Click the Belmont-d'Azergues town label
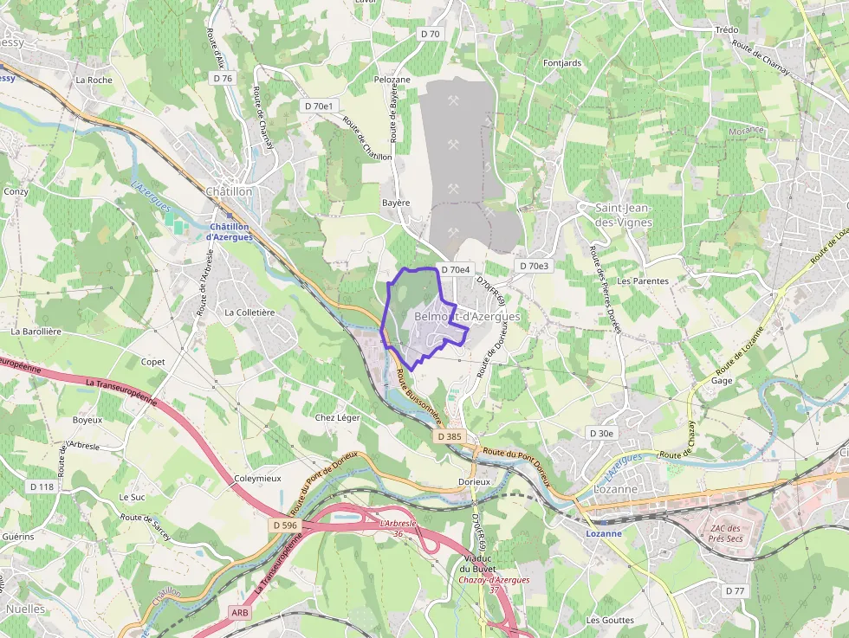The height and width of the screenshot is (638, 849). (x=468, y=317)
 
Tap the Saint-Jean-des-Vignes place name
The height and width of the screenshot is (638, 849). (x=624, y=215)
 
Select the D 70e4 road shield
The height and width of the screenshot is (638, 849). (x=455, y=270)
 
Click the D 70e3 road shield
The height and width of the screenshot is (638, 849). (x=534, y=266)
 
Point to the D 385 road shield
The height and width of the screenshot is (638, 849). (x=450, y=436)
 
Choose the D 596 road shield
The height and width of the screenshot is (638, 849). (x=285, y=525)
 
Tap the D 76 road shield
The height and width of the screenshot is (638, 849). (x=224, y=78)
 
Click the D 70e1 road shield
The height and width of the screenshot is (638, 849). (x=320, y=106)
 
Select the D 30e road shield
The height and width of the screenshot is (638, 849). (x=601, y=433)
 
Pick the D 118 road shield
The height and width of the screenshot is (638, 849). (x=42, y=487)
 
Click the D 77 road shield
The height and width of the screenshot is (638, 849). (x=735, y=590)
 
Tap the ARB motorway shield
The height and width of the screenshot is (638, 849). (x=240, y=612)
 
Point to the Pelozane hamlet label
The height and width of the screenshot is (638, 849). (x=392, y=80)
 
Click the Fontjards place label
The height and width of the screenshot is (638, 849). (x=562, y=63)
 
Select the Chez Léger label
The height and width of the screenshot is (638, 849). (x=337, y=417)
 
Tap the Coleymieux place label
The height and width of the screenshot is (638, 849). (x=257, y=478)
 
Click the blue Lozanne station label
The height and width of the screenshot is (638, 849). (x=604, y=533)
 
